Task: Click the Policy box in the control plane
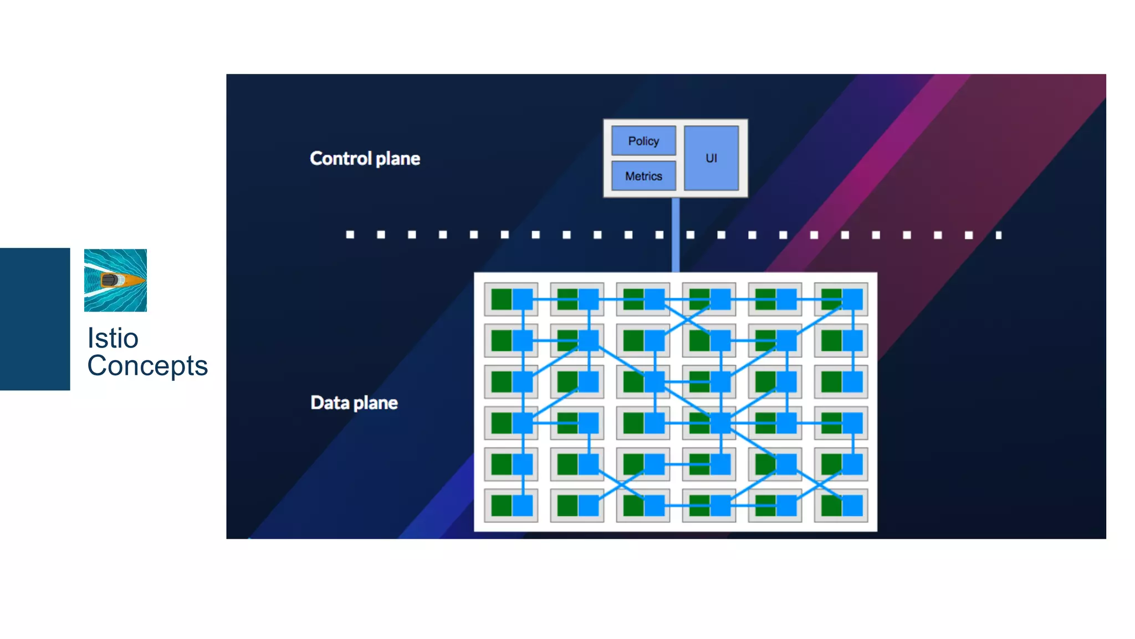(643, 141)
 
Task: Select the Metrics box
(643, 176)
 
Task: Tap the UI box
(711, 158)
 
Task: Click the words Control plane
(365, 159)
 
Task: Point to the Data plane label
(354, 402)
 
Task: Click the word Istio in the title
(113, 338)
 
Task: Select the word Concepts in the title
(147, 366)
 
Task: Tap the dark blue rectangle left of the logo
(35, 319)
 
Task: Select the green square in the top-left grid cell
(501, 299)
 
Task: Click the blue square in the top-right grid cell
(852, 299)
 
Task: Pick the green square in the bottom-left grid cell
(501, 505)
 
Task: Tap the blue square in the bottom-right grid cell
(852, 505)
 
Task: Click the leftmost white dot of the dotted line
(350, 234)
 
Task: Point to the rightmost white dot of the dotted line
(999, 235)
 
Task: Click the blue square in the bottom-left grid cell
(523, 505)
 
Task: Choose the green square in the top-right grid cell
(831, 299)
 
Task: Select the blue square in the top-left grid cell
(523, 299)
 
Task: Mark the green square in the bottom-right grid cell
(831, 505)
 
